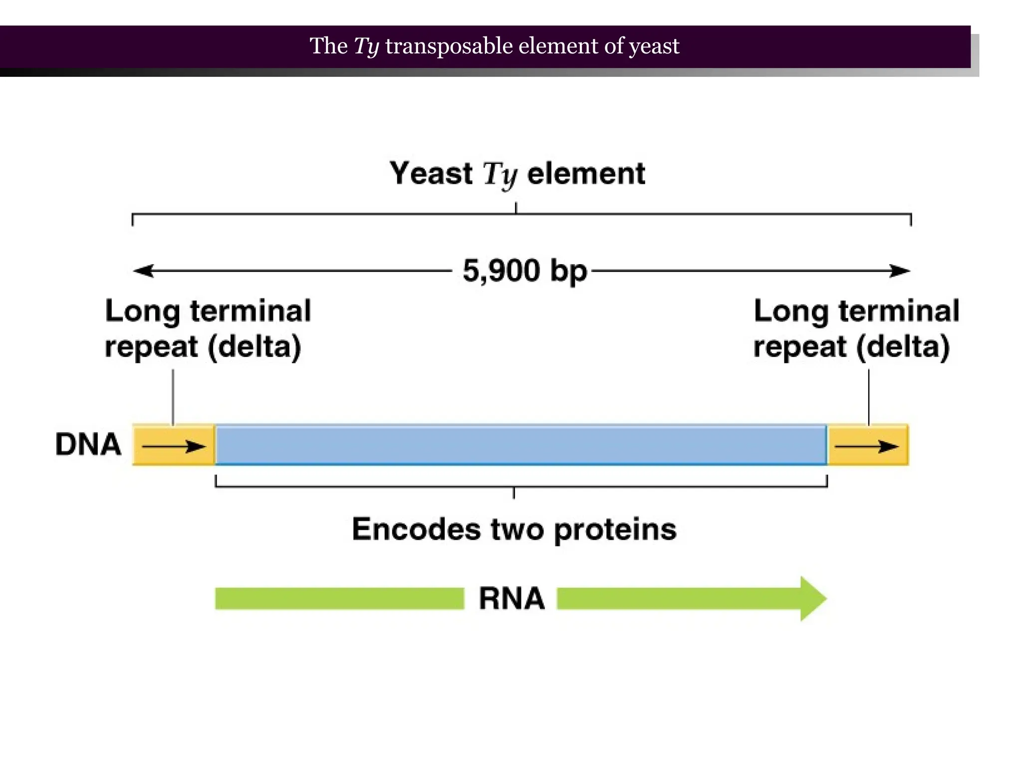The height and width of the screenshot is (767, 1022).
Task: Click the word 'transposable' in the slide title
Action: [450, 46]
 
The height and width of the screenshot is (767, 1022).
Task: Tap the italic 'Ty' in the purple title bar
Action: [366, 46]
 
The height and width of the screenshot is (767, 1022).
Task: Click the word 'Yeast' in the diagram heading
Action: [431, 173]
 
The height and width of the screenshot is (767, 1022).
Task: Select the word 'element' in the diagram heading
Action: [586, 173]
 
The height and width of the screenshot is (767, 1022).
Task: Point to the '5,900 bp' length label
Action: [524, 271]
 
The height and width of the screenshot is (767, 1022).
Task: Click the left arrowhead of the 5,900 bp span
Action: [143, 271]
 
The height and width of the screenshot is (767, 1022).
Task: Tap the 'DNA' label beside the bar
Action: [88, 444]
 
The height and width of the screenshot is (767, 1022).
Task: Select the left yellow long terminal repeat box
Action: [173, 445]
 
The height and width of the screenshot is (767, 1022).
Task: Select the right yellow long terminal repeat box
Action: [868, 445]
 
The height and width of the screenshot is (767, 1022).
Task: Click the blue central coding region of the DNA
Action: [520, 444]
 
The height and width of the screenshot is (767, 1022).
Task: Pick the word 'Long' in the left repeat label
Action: [142, 311]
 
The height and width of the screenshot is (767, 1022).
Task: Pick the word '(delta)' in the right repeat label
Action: [903, 347]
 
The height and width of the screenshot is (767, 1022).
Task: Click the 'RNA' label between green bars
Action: [511, 598]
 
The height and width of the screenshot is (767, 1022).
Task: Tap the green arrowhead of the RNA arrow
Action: [811, 598]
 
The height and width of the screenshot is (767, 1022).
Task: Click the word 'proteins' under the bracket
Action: [615, 529]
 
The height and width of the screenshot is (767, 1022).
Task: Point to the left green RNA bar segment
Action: [339, 598]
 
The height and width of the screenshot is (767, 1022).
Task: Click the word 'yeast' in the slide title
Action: [654, 46]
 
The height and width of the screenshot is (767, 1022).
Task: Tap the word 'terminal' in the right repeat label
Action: [899, 311]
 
